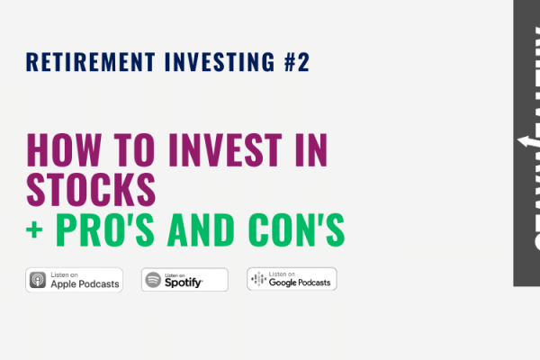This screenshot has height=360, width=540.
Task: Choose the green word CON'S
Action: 298,229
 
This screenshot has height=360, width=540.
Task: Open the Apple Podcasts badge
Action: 75,280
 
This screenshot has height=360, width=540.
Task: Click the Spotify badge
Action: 184,280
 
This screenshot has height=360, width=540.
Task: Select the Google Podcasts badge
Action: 292,280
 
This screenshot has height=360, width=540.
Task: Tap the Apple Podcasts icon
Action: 39,280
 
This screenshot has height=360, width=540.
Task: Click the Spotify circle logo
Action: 153,280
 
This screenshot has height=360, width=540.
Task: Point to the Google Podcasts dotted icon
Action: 257,280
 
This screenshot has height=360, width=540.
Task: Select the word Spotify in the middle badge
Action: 183,283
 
